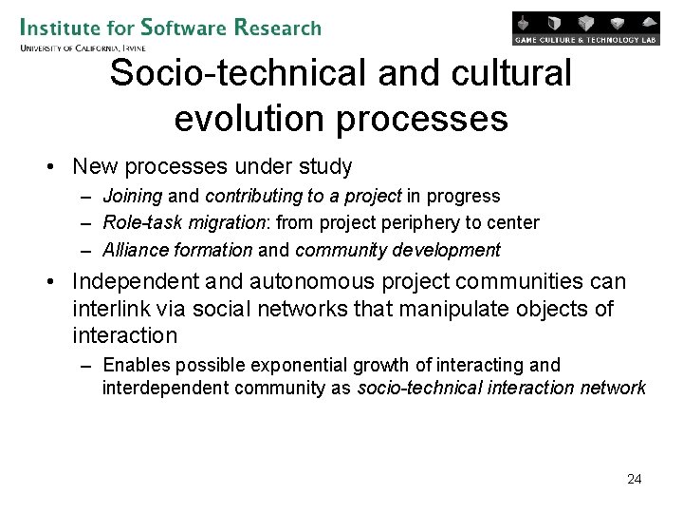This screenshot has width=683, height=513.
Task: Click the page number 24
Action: [x=635, y=479]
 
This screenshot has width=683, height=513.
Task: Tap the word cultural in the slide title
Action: [x=510, y=73]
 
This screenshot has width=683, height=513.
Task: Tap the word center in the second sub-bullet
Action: [x=513, y=222]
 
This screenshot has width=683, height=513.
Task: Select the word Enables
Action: [x=134, y=365]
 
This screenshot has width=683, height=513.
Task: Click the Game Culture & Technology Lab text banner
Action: [x=586, y=40]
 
